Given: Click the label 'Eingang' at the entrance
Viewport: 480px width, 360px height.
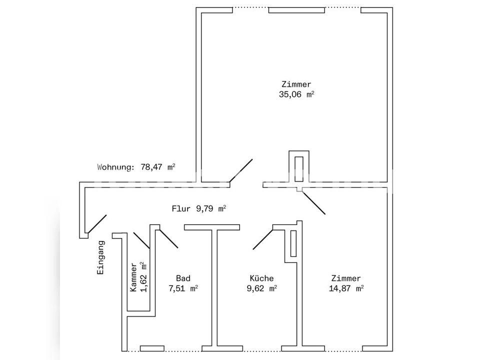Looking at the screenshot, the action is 100,257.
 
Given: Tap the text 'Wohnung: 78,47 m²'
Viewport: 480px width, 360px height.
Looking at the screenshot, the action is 136,167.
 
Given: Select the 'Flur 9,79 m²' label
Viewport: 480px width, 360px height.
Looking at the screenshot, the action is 199,209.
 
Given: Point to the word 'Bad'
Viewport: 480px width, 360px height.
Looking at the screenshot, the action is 183,278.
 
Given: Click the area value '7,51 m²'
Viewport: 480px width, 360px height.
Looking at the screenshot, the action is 183,288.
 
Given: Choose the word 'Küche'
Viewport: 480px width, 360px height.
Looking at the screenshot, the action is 261,278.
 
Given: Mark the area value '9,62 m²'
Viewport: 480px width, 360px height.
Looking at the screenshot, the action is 261,288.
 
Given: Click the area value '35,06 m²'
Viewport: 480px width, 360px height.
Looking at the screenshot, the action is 296,94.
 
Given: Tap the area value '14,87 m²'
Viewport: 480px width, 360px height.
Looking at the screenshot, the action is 346,288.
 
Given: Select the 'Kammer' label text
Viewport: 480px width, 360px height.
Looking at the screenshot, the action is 133,277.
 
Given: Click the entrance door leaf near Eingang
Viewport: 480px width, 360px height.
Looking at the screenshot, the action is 97,224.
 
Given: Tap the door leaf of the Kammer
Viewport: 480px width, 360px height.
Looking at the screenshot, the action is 141,240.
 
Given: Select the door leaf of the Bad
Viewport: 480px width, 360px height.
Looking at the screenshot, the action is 168,238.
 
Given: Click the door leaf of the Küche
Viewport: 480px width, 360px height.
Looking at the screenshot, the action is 262,239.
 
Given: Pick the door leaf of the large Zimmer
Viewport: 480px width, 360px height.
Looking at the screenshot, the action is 241,170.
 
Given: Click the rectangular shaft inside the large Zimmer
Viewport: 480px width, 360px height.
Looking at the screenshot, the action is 299,169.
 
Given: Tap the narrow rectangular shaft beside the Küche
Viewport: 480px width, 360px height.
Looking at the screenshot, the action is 293,243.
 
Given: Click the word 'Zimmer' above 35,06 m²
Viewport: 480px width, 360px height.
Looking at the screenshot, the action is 296,84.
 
